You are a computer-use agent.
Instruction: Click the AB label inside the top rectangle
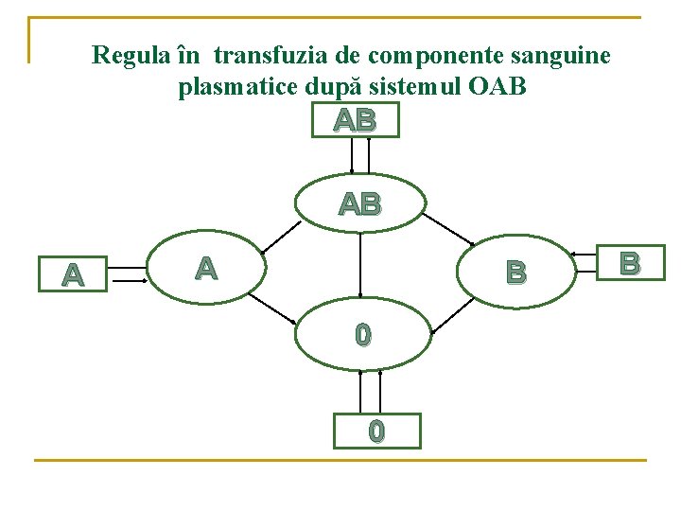355,120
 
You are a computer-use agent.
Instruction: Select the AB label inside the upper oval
359,203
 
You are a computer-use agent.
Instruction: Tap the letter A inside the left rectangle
72,275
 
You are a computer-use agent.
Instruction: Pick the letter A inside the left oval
206,269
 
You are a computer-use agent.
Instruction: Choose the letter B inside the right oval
515,273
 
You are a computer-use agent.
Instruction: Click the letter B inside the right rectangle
629,262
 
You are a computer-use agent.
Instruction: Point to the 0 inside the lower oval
362,335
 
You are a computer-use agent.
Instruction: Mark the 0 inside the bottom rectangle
376,432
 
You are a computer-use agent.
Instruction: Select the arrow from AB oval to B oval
447,228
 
